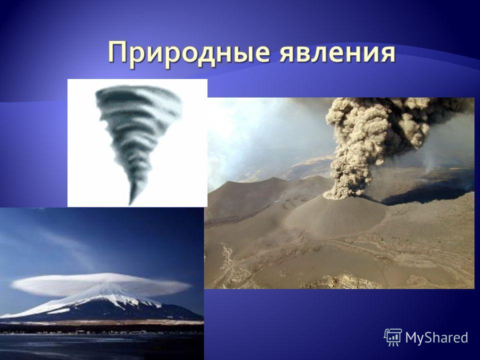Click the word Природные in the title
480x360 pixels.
(189, 53)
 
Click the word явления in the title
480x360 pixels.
(337, 53)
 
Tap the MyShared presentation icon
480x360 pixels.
(393, 337)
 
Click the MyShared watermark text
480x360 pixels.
(437, 337)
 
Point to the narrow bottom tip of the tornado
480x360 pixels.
(131, 203)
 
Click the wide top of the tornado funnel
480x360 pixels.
(138, 95)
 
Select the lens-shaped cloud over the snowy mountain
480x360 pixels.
(101, 284)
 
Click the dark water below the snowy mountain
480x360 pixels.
(101, 347)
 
